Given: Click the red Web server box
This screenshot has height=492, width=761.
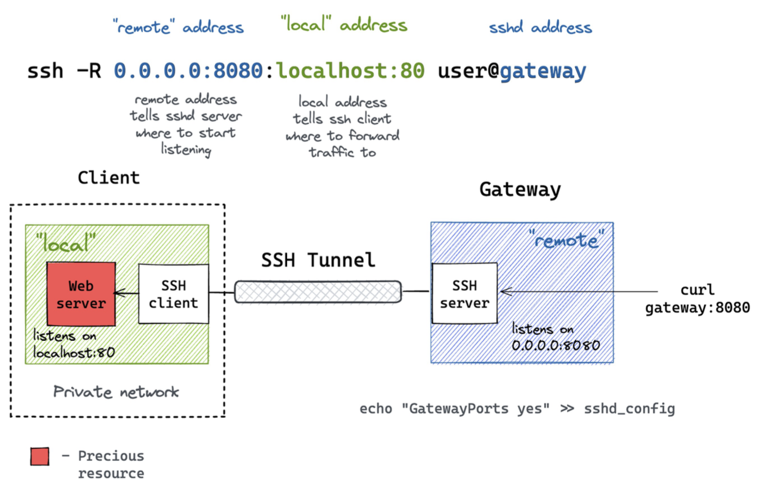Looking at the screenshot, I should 81,294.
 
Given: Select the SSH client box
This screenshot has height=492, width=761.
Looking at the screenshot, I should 173,294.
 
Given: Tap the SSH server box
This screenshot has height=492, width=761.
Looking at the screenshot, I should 464,294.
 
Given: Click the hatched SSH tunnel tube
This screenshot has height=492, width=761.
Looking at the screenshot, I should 318,292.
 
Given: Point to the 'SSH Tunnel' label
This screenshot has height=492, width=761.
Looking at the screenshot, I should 318,260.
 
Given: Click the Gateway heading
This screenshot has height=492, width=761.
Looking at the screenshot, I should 520,190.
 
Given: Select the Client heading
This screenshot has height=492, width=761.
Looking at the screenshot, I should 109,178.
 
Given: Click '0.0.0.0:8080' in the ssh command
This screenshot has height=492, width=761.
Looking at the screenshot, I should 188,71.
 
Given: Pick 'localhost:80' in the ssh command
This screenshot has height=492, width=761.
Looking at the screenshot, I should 351,71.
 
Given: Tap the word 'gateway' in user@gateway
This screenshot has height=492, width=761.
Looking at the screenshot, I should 543,71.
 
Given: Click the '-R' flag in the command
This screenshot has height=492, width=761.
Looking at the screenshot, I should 88,71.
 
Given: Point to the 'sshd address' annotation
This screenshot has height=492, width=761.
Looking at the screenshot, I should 540,27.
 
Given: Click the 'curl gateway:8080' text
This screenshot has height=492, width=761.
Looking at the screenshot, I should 697,298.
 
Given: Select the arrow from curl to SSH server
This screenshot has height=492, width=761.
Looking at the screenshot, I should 576,291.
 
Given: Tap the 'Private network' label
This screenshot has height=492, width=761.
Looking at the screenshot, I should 116,392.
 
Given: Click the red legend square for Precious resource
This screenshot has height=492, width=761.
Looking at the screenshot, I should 40,457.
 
